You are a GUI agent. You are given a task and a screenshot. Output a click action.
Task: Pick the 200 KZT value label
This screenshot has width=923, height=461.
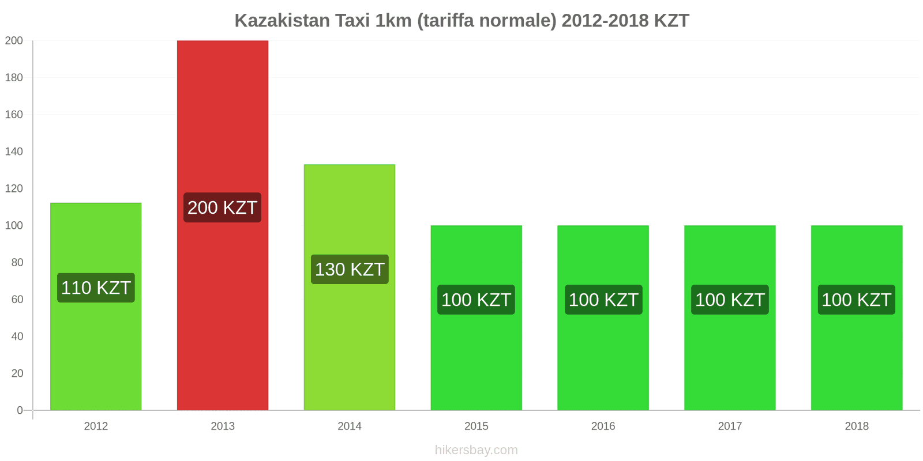(223, 207)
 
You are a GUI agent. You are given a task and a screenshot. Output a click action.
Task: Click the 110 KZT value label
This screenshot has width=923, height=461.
(96, 288)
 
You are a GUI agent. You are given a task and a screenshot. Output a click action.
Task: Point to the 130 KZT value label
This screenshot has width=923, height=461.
(350, 269)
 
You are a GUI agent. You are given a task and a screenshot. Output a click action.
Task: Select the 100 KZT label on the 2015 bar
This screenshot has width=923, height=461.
(476, 300)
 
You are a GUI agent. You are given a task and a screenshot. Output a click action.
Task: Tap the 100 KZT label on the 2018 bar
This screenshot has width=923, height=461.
(856, 300)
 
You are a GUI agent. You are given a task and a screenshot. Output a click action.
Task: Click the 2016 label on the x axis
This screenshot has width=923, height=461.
(603, 426)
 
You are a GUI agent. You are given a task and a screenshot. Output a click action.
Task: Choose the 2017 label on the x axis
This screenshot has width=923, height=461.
(730, 426)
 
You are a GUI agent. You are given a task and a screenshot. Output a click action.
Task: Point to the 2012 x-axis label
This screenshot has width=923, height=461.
(96, 426)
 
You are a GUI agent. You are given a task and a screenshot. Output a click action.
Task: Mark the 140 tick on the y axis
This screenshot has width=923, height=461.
(14, 152)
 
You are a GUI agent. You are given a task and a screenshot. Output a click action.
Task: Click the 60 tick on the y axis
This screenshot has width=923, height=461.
(17, 299)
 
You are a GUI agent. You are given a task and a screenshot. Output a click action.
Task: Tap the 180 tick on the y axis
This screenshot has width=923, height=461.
(14, 77)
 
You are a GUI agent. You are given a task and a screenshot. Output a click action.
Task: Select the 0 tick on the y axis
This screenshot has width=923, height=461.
(20, 410)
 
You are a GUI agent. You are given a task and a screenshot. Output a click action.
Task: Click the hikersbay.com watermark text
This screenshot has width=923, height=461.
(476, 450)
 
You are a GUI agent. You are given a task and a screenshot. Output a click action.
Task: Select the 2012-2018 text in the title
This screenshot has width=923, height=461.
(605, 21)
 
